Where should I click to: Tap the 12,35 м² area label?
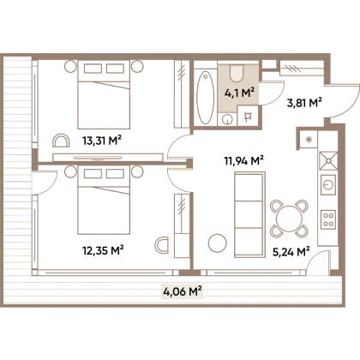point(103,250)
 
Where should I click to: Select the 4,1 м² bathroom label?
point(239,93)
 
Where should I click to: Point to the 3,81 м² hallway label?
point(304,103)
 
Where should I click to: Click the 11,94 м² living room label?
point(244,161)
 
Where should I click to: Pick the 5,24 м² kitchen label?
point(291,252)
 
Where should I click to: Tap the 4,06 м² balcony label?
point(183,292)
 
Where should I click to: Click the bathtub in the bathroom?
point(206,97)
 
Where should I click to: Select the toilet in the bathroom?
point(237,73)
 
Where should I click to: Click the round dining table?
point(289,219)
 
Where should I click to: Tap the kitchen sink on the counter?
point(328,161)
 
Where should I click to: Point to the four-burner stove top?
point(328,219)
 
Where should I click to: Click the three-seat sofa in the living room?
point(249,214)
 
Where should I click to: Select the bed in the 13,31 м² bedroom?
point(104,94)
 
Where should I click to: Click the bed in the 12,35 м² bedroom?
point(104,200)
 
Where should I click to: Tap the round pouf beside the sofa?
point(218,243)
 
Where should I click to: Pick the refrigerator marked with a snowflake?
point(309,140)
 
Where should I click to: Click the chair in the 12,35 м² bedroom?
point(162,245)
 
